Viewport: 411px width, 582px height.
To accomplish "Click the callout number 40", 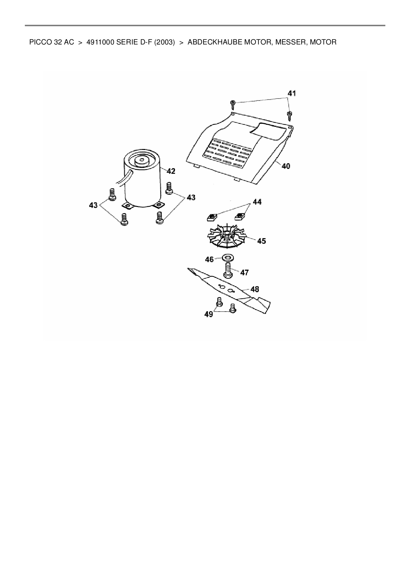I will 285,166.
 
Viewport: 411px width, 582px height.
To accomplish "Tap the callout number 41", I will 291,94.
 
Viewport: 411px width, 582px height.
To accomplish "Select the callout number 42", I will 171,171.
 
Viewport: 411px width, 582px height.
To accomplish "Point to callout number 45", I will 262,241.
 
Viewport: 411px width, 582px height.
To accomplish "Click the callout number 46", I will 209,259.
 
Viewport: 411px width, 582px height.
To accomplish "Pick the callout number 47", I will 244,272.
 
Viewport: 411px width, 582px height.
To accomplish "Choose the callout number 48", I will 255,289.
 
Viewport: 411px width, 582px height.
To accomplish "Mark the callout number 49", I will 208,314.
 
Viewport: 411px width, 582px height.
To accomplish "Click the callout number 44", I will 257,202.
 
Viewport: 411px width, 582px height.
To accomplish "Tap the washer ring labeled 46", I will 227,257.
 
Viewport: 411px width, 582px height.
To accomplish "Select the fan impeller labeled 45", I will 227,236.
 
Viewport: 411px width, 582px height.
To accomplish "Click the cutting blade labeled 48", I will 229,289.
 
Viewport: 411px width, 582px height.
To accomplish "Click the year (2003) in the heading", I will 164,42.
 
